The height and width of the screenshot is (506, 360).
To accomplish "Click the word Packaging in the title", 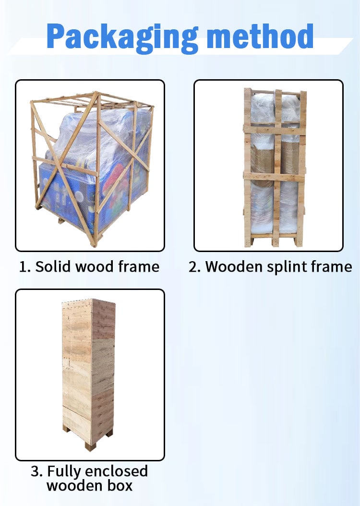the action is click(122, 37).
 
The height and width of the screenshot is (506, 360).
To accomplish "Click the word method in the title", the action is click(260, 36).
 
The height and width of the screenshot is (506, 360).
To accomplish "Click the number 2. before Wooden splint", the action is click(195, 267).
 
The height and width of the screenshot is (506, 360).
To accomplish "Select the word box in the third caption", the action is click(120, 486).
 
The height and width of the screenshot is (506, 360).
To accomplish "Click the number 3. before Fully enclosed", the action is click(37, 471).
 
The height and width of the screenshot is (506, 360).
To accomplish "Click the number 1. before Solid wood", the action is click(25, 267).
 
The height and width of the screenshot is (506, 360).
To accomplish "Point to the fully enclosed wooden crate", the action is click(89, 374).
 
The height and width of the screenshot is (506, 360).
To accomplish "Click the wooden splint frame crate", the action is click(275, 168).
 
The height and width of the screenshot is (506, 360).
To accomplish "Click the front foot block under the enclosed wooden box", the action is click(90, 446).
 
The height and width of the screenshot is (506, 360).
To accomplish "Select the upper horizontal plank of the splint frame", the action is click(275, 130).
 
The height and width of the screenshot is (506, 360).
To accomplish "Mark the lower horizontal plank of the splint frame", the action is click(274, 177).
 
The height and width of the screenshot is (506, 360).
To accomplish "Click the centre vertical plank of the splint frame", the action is click(277, 168).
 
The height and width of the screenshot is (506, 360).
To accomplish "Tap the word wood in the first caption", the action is click(94, 266).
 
